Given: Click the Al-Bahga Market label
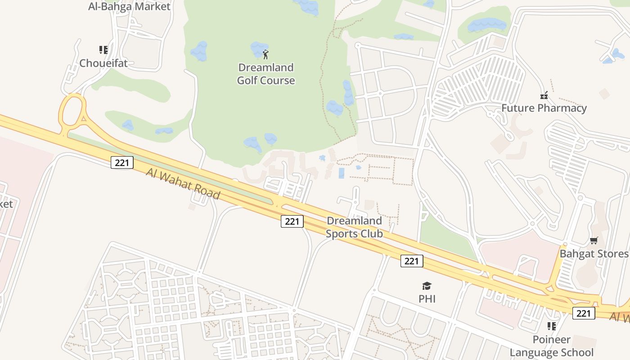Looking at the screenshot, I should [x=129, y=6].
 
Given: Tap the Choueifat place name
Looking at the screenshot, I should [x=103, y=63].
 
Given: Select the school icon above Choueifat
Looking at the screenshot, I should [x=103, y=49].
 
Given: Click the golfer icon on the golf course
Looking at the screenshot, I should [x=265, y=55].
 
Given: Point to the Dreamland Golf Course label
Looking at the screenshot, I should [x=266, y=74].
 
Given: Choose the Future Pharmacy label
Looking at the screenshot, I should [x=544, y=108].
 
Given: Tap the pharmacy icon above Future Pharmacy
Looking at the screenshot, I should [x=544, y=95].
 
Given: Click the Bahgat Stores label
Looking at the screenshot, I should [x=594, y=254].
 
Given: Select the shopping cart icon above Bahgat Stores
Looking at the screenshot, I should [x=594, y=241].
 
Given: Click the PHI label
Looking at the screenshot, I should [x=427, y=299].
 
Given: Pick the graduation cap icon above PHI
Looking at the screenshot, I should [x=427, y=286].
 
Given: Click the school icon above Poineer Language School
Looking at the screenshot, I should [x=552, y=326].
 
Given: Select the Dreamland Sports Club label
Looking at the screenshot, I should [x=354, y=227].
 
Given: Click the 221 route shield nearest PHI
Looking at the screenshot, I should [x=412, y=261].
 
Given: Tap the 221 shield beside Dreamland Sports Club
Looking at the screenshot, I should [x=292, y=221].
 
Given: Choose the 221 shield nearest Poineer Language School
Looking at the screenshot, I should [x=584, y=313].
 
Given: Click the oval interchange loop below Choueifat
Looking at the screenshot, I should [x=72, y=110].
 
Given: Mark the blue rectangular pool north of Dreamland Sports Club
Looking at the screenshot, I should [x=341, y=173].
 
